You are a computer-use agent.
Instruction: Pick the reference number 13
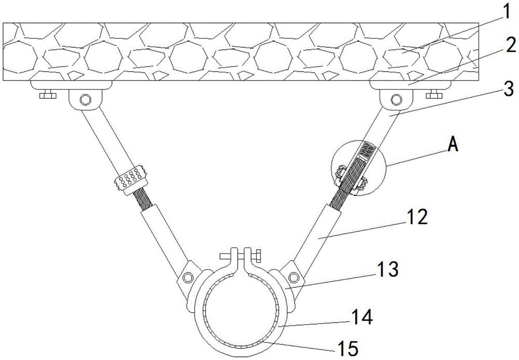389,270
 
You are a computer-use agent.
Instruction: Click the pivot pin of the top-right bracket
396,98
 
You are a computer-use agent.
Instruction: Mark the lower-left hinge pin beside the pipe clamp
188,275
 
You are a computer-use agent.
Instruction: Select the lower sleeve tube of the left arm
161,233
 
